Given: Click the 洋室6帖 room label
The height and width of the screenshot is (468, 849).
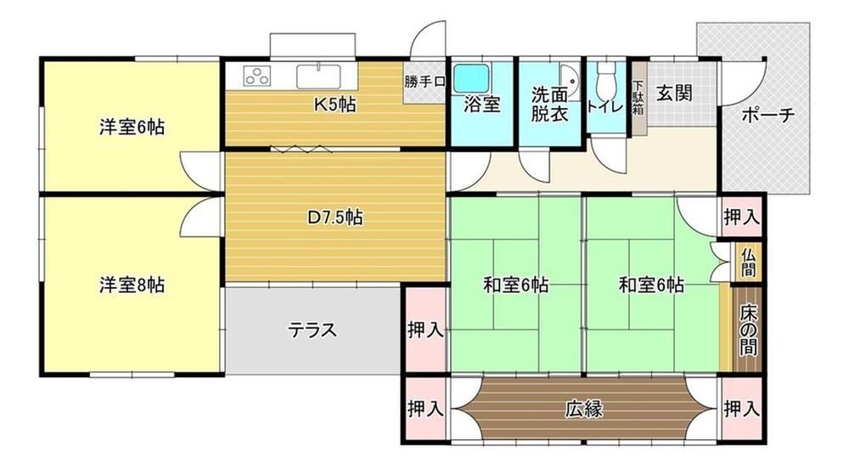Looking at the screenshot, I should point(131,128).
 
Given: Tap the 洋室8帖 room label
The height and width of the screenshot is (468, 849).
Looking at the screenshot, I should point(131,285).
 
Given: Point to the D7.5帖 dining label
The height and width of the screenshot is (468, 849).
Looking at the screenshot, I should point(335,217).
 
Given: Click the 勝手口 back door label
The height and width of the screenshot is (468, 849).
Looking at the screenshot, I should point(425,82).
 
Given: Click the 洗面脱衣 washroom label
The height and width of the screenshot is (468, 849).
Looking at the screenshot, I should point(549,104).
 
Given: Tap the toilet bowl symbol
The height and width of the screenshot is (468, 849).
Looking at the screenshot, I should point(606,82).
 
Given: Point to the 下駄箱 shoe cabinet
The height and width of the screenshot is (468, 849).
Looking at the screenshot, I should point(638,98).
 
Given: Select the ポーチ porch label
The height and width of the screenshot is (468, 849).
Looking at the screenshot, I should point(767,116).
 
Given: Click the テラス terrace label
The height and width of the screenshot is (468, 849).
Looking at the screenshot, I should point(312,330).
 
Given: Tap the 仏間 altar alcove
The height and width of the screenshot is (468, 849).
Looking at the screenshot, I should point(748,262).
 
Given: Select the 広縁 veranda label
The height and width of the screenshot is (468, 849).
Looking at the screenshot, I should point(584,409).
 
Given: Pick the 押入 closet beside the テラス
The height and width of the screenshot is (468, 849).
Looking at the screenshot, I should point(425,330).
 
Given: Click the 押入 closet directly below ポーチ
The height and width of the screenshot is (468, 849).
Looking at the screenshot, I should point(741,217).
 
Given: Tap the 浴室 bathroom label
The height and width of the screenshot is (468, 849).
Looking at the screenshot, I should point(481,106).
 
